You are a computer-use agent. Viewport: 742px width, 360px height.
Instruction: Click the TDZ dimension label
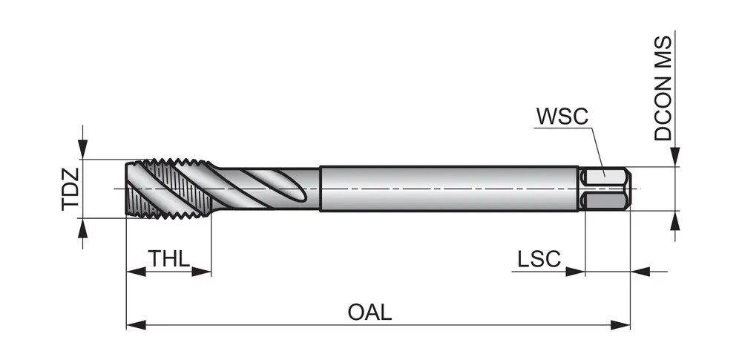[70, 189]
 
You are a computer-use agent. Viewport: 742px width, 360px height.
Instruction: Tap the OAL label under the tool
[370, 312]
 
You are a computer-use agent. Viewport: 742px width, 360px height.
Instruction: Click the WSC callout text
[562, 117]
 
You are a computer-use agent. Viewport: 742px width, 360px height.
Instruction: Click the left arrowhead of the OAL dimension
[134, 324]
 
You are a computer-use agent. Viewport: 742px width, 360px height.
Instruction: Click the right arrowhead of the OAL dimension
[622, 324]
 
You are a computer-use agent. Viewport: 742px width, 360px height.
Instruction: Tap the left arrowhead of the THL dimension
[134, 272]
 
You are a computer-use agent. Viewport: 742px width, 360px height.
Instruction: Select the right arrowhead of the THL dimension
[203, 272]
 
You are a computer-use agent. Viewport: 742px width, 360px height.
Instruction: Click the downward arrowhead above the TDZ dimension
[83, 150]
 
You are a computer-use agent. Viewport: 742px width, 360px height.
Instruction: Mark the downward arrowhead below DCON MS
[675, 157]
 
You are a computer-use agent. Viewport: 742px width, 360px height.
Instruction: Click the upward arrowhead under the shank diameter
[675, 220]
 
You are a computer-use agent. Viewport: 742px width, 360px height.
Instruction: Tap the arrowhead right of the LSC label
[576, 272]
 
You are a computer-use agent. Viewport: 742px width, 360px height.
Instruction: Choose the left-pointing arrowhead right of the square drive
[640, 272]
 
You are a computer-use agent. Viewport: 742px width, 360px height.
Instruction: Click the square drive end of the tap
[605, 189]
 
